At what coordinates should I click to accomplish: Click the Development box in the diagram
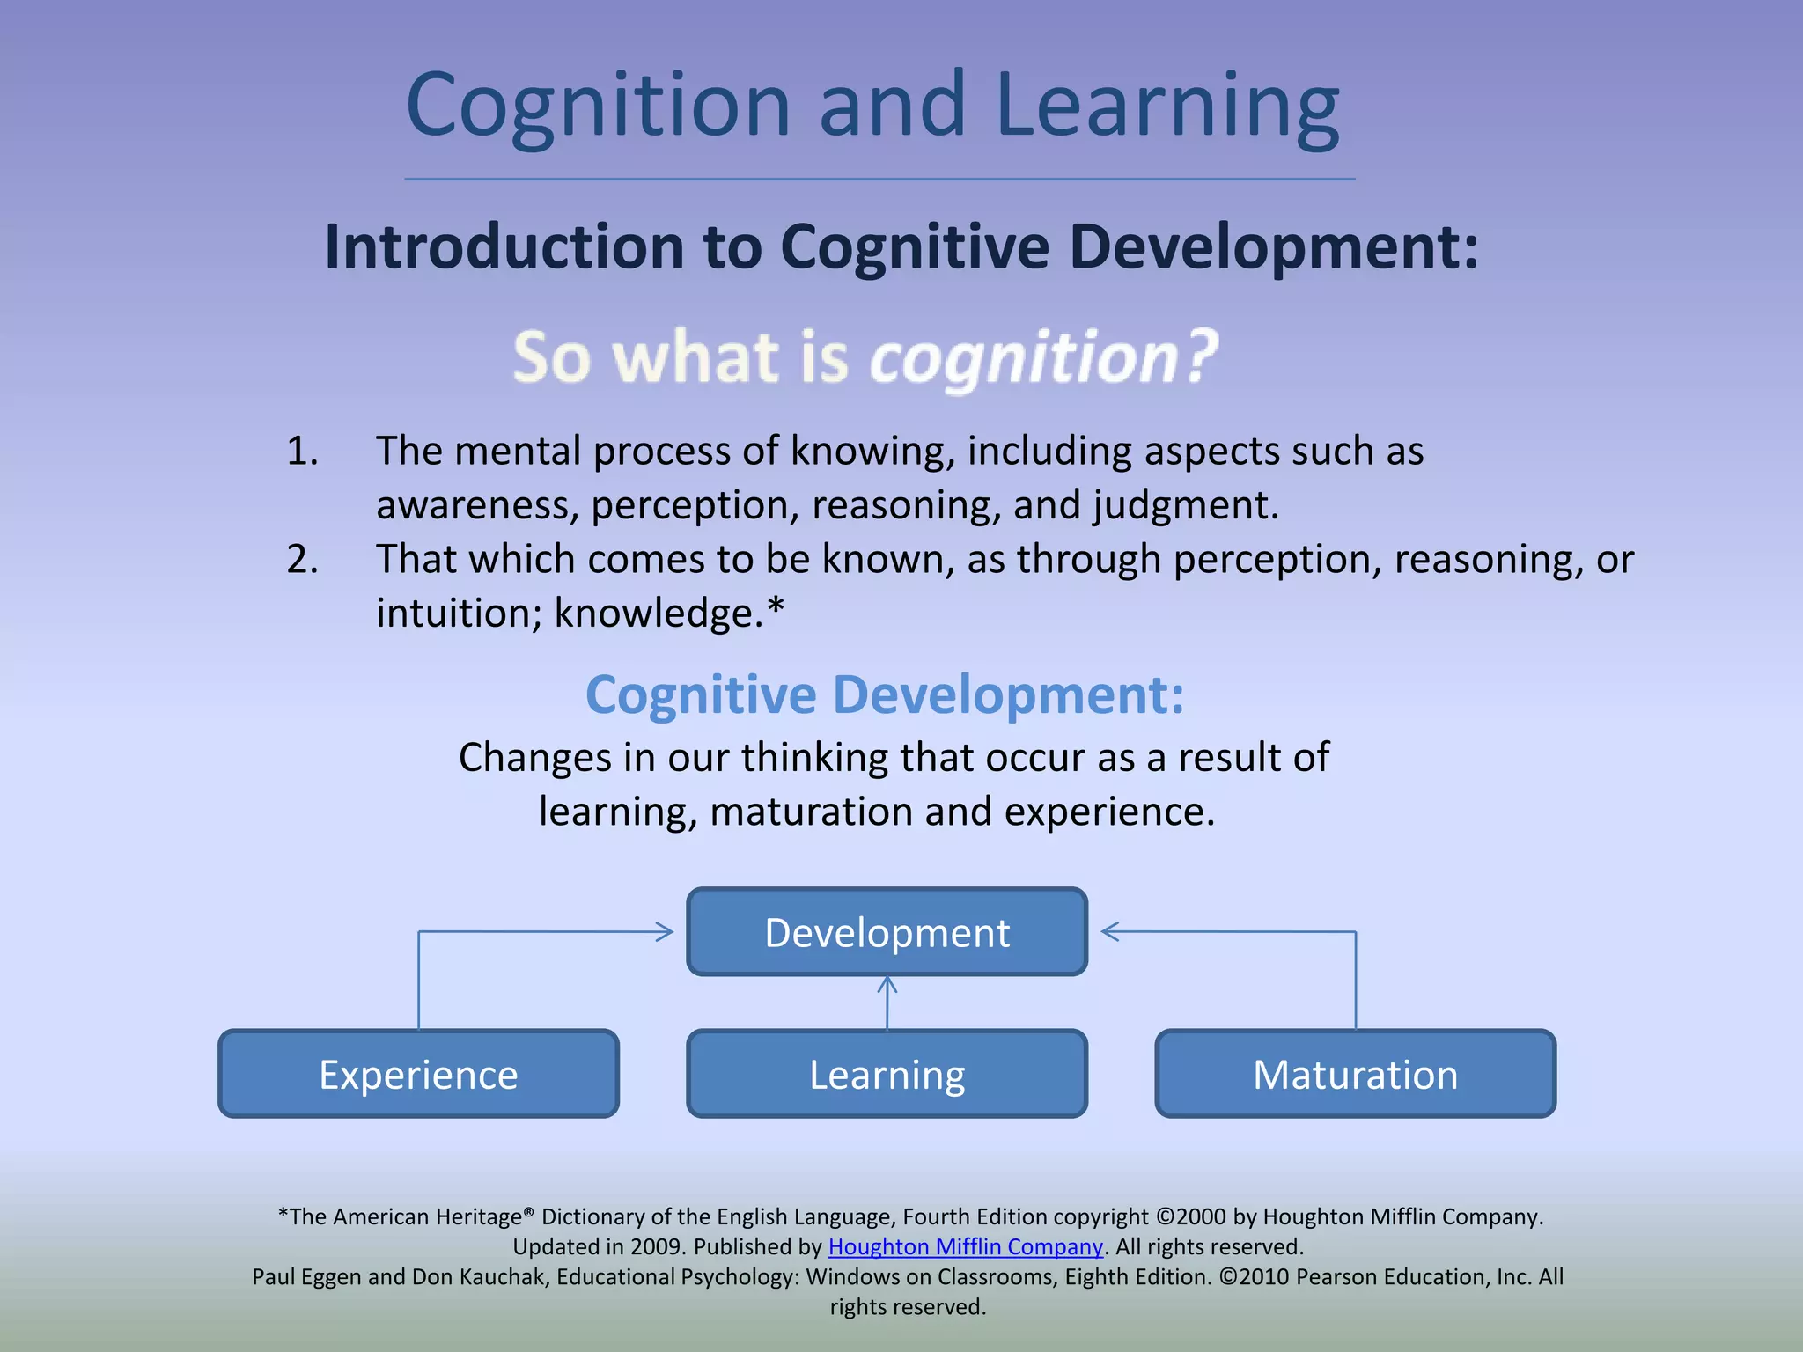click(887, 932)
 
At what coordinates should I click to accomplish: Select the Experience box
click(418, 1074)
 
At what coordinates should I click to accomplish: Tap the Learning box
click(887, 1074)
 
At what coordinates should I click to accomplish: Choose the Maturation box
click(1355, 1074)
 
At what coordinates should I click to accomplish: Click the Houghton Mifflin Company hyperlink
click(965, 1246)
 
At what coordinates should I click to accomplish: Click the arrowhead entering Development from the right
click(1110, 931)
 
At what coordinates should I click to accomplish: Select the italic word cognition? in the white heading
click(1043, 357)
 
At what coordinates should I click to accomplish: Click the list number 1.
click(302, 451)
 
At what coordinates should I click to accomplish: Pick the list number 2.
click(302, 559)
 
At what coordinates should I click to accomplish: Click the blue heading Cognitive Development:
click(885, 694)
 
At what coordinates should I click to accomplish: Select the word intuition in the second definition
click(458, 613)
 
